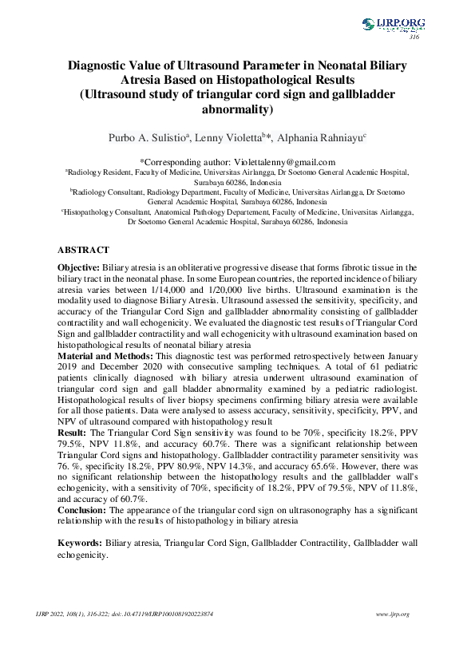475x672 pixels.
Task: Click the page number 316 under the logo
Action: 414,38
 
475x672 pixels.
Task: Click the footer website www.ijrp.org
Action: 392,615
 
